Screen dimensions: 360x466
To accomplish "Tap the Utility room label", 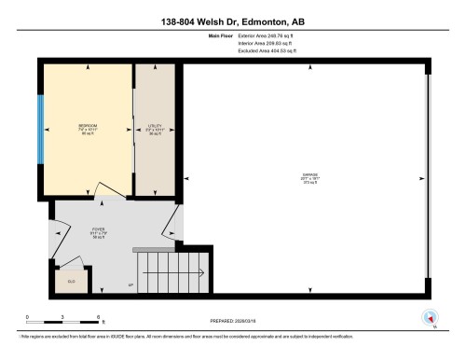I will click(155, 126).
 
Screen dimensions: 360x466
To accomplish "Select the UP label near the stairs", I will click(130, 284).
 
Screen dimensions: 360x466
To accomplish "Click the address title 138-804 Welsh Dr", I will click(232, 18).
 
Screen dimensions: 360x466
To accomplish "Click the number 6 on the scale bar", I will click(99, 317).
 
